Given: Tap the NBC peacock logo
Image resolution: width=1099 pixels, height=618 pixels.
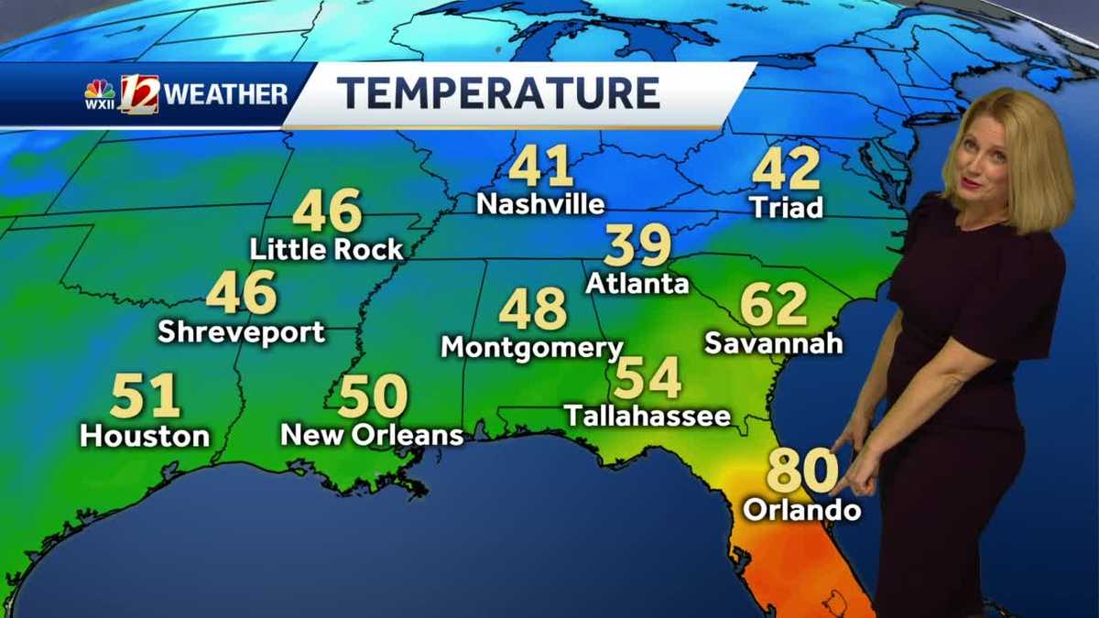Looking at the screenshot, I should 100,90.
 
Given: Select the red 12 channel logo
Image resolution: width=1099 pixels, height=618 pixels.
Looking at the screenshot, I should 139,93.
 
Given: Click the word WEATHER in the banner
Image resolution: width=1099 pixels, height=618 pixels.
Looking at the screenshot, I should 227,93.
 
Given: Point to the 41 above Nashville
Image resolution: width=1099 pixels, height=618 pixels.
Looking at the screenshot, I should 540,168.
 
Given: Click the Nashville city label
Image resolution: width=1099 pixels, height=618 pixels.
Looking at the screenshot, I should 540,204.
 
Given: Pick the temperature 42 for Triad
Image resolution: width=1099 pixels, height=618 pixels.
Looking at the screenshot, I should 786,170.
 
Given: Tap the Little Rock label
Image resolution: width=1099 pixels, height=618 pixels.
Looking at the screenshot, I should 327,249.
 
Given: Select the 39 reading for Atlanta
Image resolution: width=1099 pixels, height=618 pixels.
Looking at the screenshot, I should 637,246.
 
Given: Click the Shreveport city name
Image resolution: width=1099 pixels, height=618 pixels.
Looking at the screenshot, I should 241,331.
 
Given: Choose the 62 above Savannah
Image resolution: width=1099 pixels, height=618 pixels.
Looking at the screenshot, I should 774,305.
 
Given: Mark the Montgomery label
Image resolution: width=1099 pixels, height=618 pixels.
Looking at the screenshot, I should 531,348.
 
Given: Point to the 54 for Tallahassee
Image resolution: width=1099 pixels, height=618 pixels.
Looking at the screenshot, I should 647,378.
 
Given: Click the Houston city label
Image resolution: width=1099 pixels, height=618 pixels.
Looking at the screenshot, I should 145,435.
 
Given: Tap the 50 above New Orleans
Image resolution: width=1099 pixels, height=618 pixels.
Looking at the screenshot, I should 373,397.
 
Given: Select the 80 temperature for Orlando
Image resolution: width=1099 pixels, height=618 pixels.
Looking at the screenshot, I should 801,471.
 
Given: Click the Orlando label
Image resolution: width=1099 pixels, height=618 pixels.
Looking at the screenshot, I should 802,510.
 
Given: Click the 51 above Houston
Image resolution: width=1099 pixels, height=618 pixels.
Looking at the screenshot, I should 145,397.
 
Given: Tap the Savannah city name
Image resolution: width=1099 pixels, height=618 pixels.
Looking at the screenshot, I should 774,343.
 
